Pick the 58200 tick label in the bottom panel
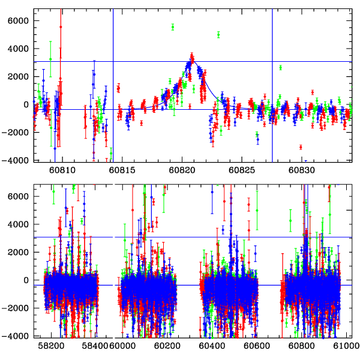[52, 346]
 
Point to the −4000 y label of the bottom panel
[17, 336]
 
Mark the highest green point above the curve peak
[172, 27]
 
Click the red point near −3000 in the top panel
[301, 147]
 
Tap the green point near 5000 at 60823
[218, 34]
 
